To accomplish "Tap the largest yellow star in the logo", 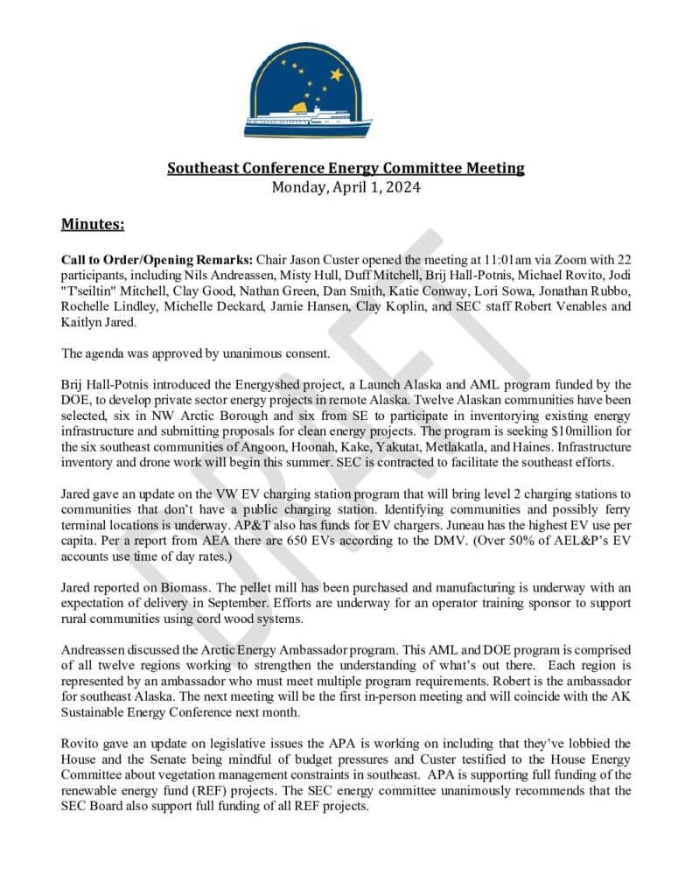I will (336, 75).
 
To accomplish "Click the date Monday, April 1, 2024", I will (346, 186).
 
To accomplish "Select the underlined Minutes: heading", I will (93, 225).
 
